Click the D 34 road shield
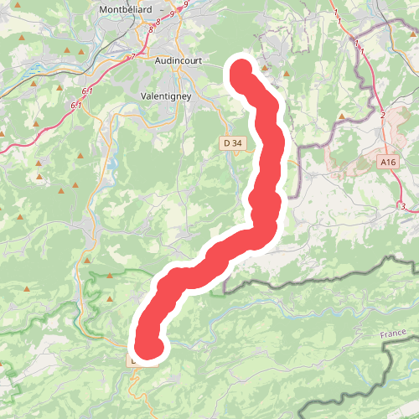coord(233,143)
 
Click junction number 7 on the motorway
coord(132,56)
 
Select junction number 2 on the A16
coord(383,115)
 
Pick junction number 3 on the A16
coord(403,206)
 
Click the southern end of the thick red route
coord(147,348)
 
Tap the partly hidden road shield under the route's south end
coord(134,360)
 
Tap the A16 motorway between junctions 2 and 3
coord(394,180)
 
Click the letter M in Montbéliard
coord(103,10)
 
